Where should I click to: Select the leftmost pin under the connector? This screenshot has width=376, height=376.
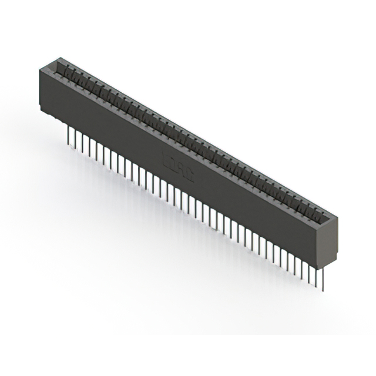coord(69,132)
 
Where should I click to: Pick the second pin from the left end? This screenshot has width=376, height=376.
coord(75,136)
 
